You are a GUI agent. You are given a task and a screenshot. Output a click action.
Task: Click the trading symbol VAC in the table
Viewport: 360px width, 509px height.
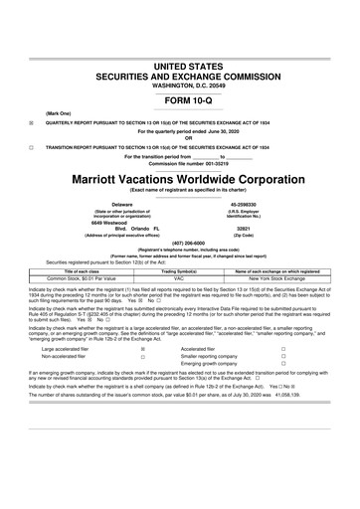pos(180,278)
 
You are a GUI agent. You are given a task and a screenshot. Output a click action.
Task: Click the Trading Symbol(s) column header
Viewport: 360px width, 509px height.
pos(180,271)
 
